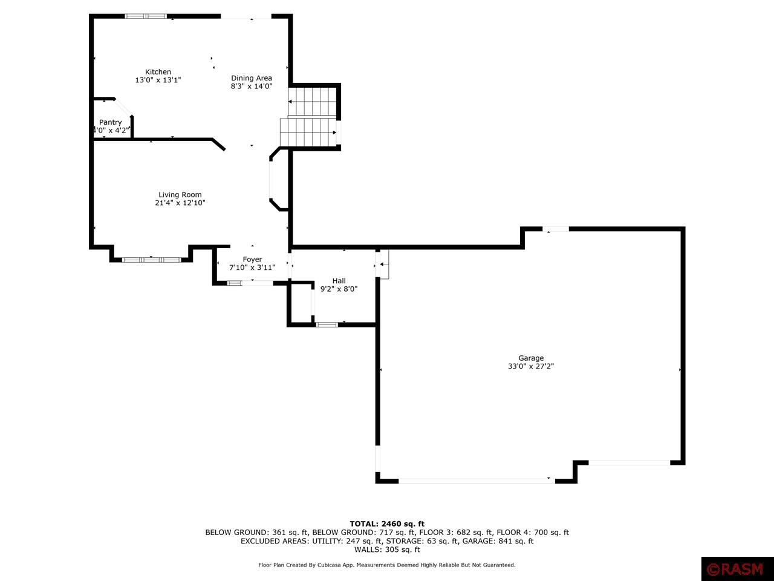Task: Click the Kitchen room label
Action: pyautogui.click(x=158, y=72)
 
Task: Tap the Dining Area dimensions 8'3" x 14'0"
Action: pyautogui.click(x=252, y=87)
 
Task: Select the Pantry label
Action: pyautogui.click(x=111, y=122)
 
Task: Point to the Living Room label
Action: pyautogui.click(x=180, y=195)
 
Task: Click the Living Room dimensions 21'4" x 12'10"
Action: pyautogui.click(x=180, y=203)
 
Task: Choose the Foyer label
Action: pyautogui.click(x=252, y=260)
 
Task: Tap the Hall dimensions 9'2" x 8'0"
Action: pyautogui.click(x=339, y=289)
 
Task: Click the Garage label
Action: pyautogui.click(x=531, y=358)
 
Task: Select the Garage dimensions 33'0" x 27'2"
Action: pyautogui.click(x=531, y=366)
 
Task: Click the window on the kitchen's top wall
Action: pyautogui.click(x=146, y=16)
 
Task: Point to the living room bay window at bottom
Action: pyautogui.click(x=151, y=260)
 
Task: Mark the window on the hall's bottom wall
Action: pyautogui.click(x=327, y=325)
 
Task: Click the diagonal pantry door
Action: pyautogui.click(x=123, y=107)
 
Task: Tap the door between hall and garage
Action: pyautogui.click(x=382, y=264)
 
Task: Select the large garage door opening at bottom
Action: pyautogui.click(x=476, y=481)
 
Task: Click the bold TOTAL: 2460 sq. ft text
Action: pyautogui.click(x=387, y=524)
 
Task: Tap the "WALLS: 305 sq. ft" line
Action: pyautogui.click(x=387, y=550)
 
